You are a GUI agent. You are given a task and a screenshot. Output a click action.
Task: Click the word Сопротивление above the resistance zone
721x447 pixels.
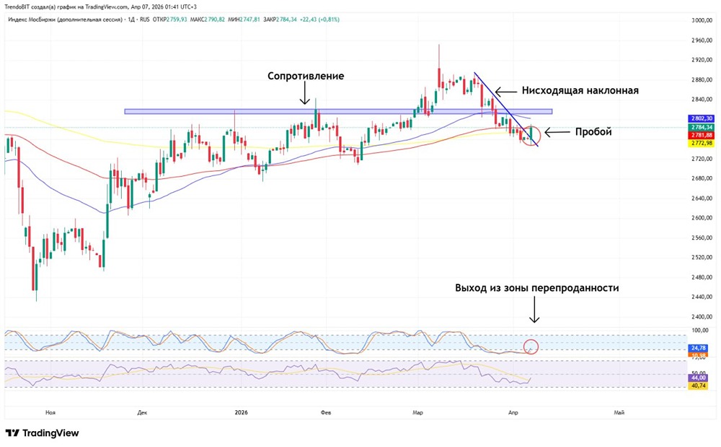click(x=306, y=76)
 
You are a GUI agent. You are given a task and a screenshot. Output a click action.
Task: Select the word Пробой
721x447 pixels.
click(x=593, y=132)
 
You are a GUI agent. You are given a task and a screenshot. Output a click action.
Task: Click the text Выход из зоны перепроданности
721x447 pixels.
click(x=536, y=287)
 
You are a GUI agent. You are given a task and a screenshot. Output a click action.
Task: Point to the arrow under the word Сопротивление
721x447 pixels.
click(x=305, y=93)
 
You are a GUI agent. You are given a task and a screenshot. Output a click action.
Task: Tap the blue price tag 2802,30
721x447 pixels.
click(x=701, y=118)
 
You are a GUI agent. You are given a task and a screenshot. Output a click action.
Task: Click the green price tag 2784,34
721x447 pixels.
click(x=701, y=127)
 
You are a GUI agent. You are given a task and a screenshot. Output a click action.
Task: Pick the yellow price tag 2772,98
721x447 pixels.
click(x=701, y=143)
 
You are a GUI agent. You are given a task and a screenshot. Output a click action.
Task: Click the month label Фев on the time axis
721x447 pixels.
click(x=325, y=413)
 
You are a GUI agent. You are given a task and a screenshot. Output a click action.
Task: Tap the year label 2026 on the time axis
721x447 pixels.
click(x=241, y=413)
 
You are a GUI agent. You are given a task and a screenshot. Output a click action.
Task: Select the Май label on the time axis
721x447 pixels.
click(x=618, y=413)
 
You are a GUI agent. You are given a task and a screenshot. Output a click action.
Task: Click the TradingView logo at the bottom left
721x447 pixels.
click(x=43, y=433)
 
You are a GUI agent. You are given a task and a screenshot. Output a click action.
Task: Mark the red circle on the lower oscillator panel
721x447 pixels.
click(x=531, y=347)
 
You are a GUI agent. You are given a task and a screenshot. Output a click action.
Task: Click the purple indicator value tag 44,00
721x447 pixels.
click(x=699, y=378)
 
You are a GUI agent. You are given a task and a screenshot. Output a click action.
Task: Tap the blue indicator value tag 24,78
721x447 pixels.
click(x=699, y=348)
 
